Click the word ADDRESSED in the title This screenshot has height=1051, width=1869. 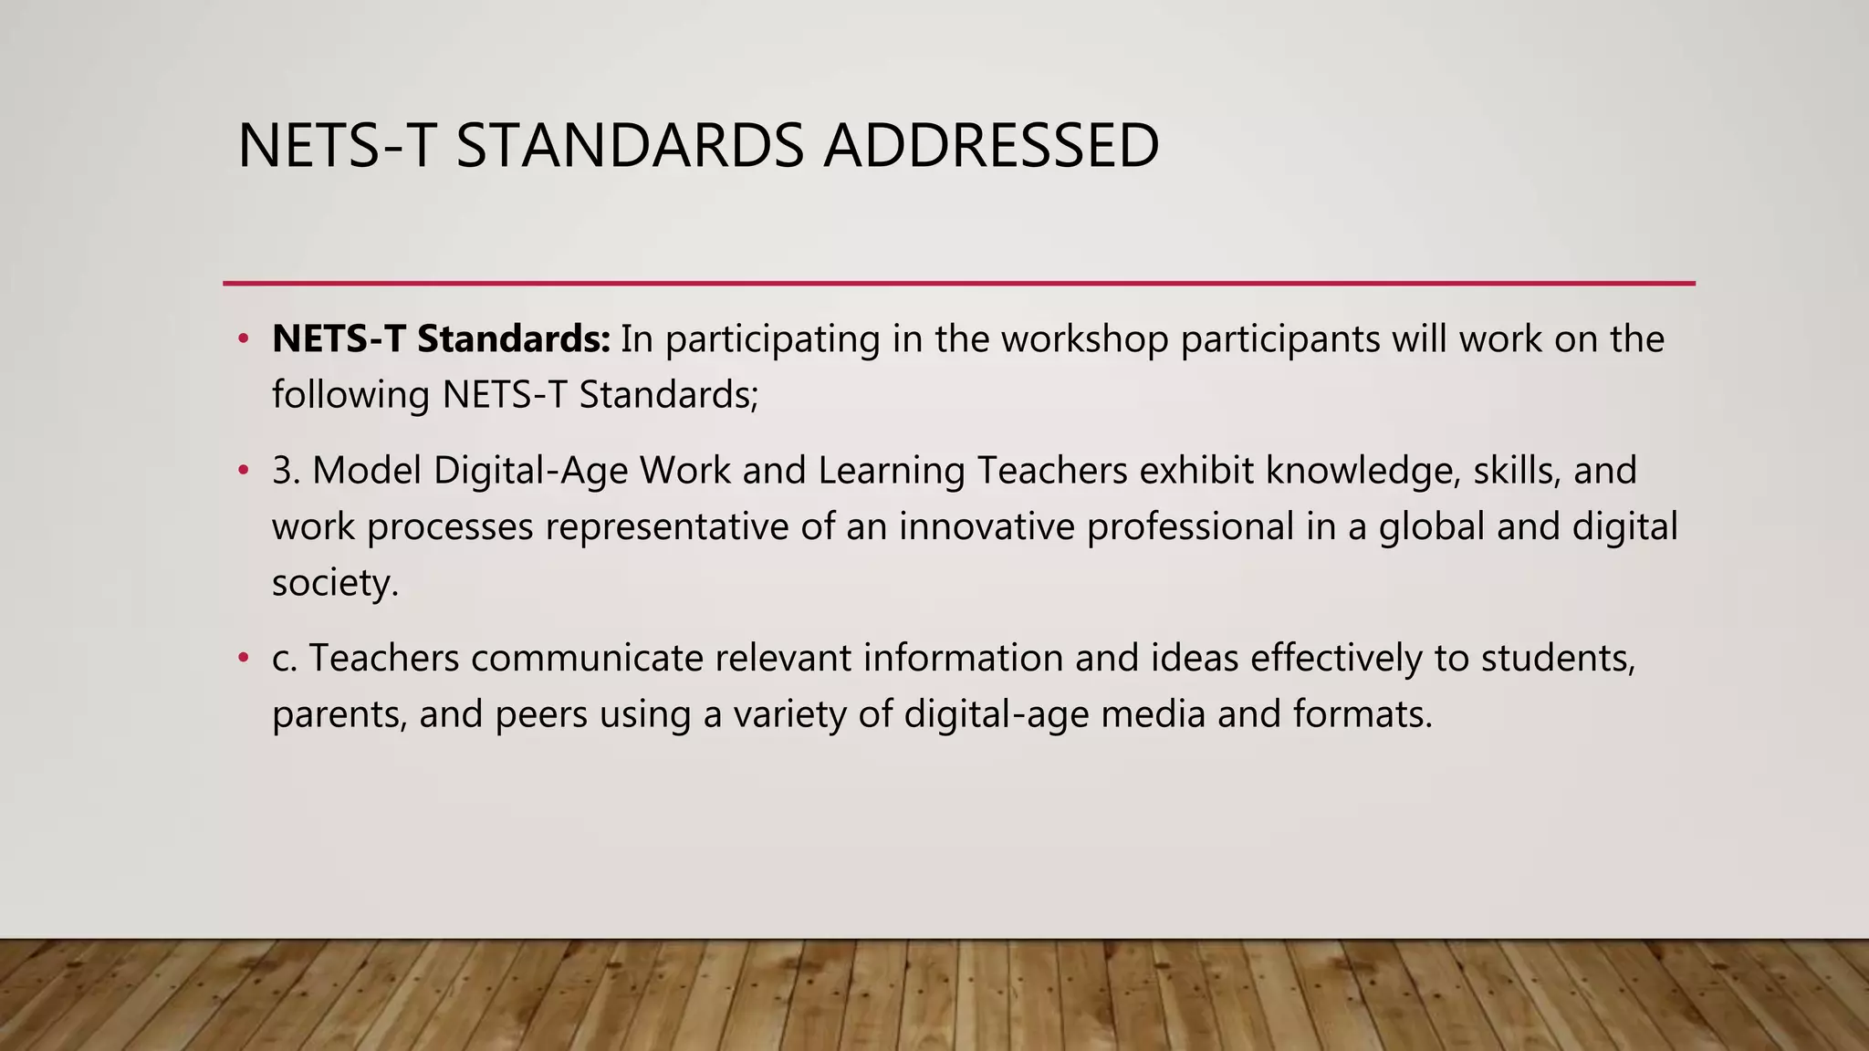(991, 146)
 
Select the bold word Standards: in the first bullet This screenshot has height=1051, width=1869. (514, 339)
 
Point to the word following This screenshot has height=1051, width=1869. (351, 396)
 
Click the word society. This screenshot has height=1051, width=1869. (335, 584)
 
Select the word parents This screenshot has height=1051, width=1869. (339, 715)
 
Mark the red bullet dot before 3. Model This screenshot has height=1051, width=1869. (243, 472)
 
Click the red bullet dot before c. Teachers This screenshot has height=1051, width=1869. (243, 659)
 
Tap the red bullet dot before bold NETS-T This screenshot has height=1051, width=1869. (243, 339)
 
